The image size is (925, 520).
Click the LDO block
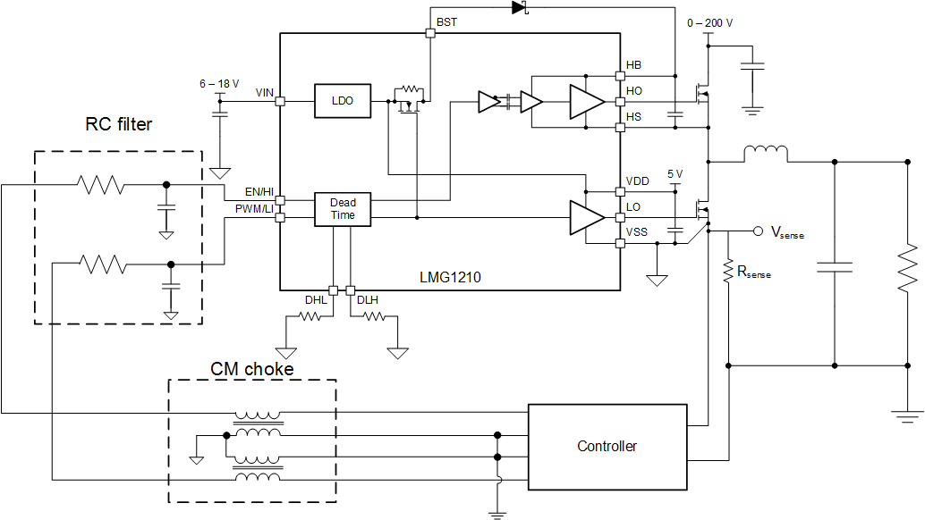pos(343,101)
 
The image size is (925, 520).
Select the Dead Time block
pos(343,209)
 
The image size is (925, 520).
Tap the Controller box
pos(607,446)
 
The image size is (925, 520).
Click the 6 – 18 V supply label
pos(219,83)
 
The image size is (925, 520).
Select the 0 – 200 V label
pos(709,22)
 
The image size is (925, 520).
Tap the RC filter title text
pos(118,124)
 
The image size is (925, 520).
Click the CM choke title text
pos(251,368)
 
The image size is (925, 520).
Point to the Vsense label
pos(786,233)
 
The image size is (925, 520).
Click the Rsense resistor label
pos(754,272)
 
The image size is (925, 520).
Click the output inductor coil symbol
pos(766,155)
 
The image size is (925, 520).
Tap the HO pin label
pos(634,91)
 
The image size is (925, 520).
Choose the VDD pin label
pos(638,181)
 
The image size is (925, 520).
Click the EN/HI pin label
pos(259,192)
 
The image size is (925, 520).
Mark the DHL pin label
pos(316,300)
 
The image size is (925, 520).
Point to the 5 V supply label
pos(675,173)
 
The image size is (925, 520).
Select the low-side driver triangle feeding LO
pos(587,218)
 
